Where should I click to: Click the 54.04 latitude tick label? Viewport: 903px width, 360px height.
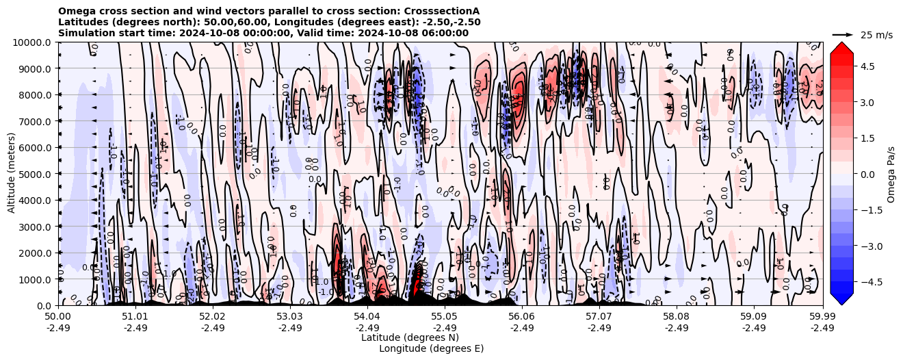367,317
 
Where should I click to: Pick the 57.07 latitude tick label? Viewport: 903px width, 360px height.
599,317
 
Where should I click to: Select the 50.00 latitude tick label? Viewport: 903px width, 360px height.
59,317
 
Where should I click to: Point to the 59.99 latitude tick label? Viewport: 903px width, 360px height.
822,317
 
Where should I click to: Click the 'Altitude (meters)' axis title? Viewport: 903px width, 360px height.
12,174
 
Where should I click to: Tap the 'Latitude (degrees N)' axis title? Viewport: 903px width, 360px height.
410,337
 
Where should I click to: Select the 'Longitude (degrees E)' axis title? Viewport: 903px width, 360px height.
431,348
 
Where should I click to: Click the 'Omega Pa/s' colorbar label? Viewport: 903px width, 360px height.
891,174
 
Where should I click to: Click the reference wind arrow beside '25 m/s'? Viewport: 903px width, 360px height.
843,34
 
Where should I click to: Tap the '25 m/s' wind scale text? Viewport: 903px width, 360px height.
876,35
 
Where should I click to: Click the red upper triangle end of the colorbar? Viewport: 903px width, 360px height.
841,47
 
